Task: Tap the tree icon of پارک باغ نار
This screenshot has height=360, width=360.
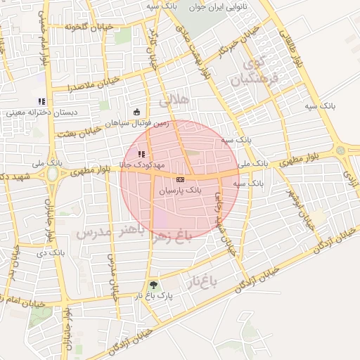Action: tap(154, 285)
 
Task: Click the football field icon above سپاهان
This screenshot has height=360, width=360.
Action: tap(136, 111)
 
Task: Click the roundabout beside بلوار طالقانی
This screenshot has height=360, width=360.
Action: tap(342, 150)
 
